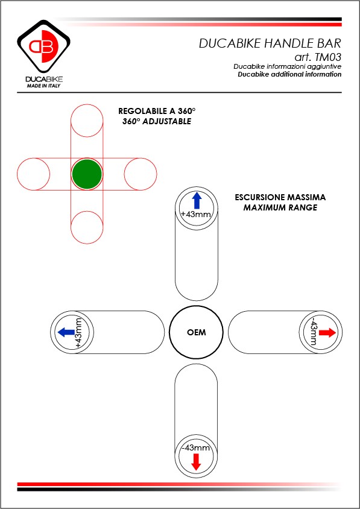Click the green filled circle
[x=87, y=174]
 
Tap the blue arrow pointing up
[x=197, y=201]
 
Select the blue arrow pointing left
[x=66, y=332]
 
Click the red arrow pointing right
[x=327, y=332]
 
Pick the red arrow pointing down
[x=196, y=462]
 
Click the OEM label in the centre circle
[x=196, y=333]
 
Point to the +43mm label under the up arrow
[x=196, y=214]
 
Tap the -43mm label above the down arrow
[x=196, y=447]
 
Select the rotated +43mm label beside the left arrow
[x=79, y=333]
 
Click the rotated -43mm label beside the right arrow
[x=314, y=332]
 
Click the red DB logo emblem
[x=43, y=46]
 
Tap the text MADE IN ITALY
[x=43, y=86]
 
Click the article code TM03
[x=327, y=57]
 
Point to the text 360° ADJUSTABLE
[x=157, y=122]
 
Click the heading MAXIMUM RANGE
[x=280, y=207]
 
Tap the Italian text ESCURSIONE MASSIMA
[x=280, y=197]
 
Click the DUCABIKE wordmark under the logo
[x=44, y=79]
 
